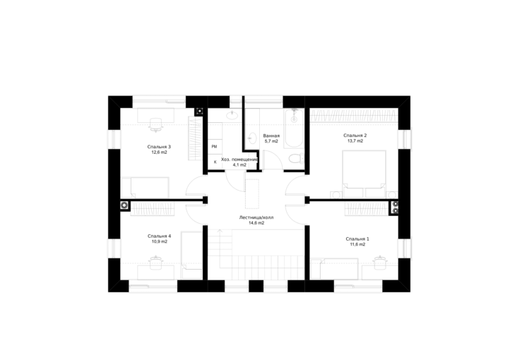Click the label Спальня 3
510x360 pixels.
159,147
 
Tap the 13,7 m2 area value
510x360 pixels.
355,141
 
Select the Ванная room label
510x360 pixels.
271,136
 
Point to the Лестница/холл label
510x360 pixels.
256,217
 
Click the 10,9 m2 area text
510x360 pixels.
160,241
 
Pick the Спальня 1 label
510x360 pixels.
357,239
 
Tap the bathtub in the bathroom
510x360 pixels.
295,128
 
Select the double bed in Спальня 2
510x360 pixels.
364,174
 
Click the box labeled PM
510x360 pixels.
214,147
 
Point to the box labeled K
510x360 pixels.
215,162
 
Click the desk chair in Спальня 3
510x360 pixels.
156,125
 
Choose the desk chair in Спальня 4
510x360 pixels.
156,263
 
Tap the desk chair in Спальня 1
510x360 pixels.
379,263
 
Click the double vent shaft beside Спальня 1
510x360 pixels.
395,208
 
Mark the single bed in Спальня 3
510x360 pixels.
145,188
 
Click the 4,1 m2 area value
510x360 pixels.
239,164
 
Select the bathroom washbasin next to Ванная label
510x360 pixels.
252,138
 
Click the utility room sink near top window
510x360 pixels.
232,114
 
